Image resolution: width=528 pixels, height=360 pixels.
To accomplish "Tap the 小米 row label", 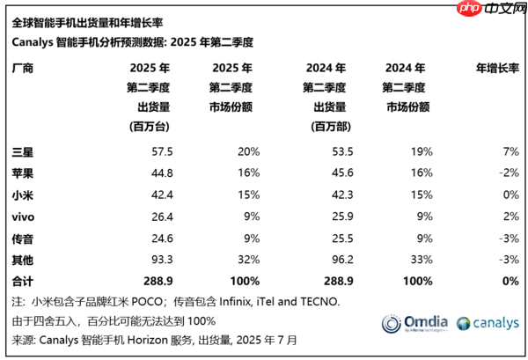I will (x=23, y=195).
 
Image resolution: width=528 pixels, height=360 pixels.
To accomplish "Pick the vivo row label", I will (x=25, y=216).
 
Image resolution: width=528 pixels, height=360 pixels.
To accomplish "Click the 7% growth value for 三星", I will (x=510, y=151).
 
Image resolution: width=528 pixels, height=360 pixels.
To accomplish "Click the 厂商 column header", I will (x=23, y=68).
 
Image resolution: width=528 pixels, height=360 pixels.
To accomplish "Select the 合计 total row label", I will (x=23, y=280).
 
